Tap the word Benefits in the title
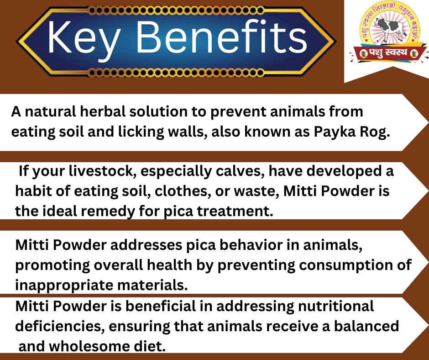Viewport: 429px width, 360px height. point(221,37)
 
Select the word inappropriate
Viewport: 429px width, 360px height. point(64,286)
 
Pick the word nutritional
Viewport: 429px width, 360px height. point(336,306)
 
